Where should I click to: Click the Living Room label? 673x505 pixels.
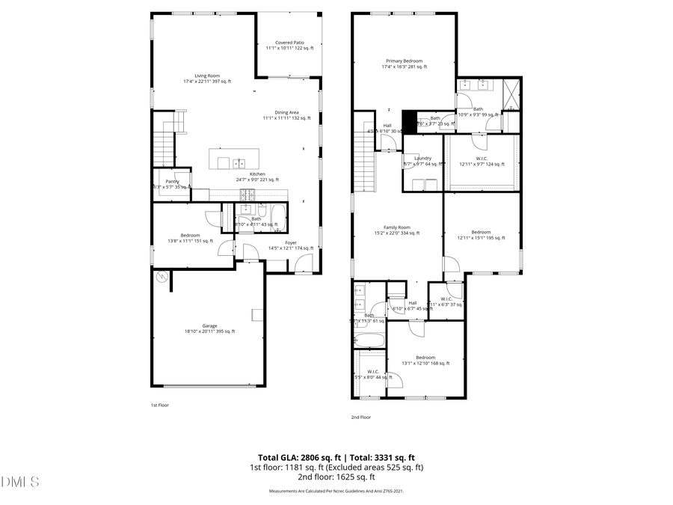(x=207, y=76)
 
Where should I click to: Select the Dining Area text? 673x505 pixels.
(x=286, y=112)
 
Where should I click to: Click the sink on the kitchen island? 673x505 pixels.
(x=239, y=162)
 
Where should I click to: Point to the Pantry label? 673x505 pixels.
(x=172, y=181)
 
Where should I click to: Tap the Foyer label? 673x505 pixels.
(x=290, y=242)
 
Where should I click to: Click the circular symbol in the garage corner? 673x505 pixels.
(x=161, y=277)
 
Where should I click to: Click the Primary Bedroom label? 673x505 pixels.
(x=404, y=61)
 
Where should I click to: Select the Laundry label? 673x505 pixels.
(x=423, y=158)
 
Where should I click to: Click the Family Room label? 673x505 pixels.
(x=397, y=227)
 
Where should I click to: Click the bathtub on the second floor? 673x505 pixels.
(x=370, y=340)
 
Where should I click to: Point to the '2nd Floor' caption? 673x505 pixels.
(x=360, y=417)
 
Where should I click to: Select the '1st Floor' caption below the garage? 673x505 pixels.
(x=159, y=405)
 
